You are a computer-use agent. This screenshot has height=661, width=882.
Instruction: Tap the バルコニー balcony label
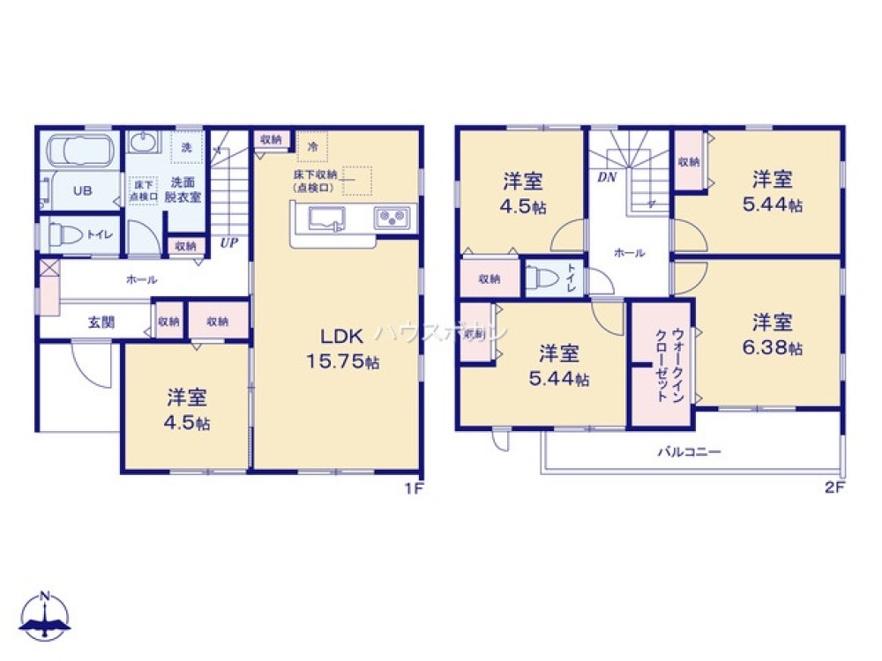pyautogui.click(x=689, y=452)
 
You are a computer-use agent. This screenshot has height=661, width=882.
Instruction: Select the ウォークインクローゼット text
pyautogui.click(x=661, y=365)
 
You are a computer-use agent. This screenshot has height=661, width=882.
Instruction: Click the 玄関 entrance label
pyautogui.click(x=101, y=323)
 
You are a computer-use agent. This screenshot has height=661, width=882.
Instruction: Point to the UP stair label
pyautogui.click(x=228, y=242)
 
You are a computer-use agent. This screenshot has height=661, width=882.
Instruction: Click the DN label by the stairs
pyautogui.click(x=606, y=177)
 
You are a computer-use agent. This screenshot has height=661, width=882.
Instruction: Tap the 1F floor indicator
pyautogui.click(x=413, y=487)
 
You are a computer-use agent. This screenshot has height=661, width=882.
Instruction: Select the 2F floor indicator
pyautogui.click(x=834, y=487)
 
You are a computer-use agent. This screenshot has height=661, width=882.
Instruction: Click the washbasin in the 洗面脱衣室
pyautogui.click(x=141, y=142)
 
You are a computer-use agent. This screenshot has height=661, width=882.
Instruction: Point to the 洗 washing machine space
pyautogui.click(x=186, y=146)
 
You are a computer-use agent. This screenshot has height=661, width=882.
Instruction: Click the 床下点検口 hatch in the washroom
pyautogui.click(x=142, y=190)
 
